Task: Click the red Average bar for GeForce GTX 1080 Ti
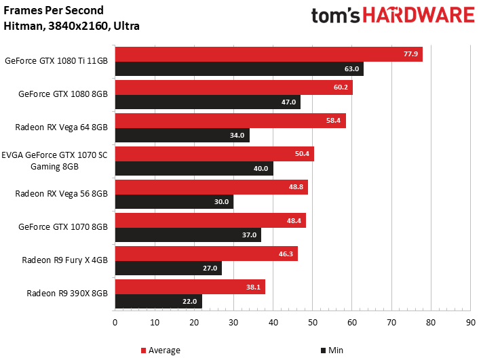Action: click(x=269, y=54)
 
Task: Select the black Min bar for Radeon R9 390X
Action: click(x=159, y=302)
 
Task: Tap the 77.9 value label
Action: click(x=410, y=54)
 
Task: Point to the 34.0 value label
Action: click(x=237, y=135)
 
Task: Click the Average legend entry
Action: click(x=160, y=351)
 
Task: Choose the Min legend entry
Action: click(x=332, y=351)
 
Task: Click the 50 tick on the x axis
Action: click(x=313, y=322)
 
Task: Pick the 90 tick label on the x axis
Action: click(x=471, y=322)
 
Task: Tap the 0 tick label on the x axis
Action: click(x=115, y=322)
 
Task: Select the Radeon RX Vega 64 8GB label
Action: click(x=61, y=127)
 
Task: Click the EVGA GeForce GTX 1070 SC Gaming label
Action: click(x=54, y=161)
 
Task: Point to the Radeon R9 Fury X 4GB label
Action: click(x=64, y=260)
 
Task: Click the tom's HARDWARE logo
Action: click(x=393, y=16)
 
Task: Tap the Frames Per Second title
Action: click(x=54, y=10)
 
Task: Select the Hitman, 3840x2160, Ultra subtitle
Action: click(x=71, y=26)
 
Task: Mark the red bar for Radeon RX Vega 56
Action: click(x=212, y=187)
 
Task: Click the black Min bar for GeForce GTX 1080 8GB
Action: click(x=208, y=102)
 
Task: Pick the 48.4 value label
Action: click(x=294, y=220)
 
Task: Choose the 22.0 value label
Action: click(x=189, y=302)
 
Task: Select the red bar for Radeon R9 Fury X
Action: click(x=206, y=254)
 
